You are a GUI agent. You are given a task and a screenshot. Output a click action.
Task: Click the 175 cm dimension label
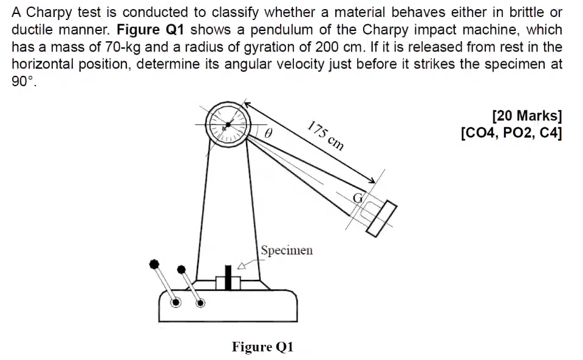[x=326, y=135]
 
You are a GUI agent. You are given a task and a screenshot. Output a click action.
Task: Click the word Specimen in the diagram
[x=287, y=250]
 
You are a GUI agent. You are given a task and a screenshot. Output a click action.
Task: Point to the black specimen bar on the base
[x=228, y=277]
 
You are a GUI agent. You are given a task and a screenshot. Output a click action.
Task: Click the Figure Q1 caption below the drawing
[x=262, y=347]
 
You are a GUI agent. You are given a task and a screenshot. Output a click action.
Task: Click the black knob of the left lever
[x=155, y=264]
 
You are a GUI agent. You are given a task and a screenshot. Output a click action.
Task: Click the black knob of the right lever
[x=180, y=270]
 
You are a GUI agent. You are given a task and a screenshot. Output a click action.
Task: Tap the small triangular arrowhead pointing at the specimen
[x=242, y=265]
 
